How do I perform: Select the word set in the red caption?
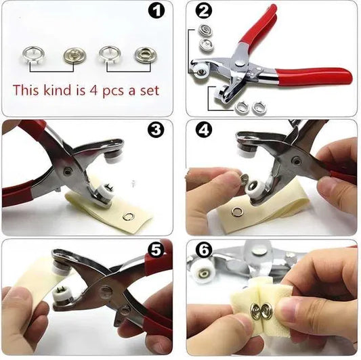[x=148, y=90]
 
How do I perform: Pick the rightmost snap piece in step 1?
[x=144, y=55]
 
